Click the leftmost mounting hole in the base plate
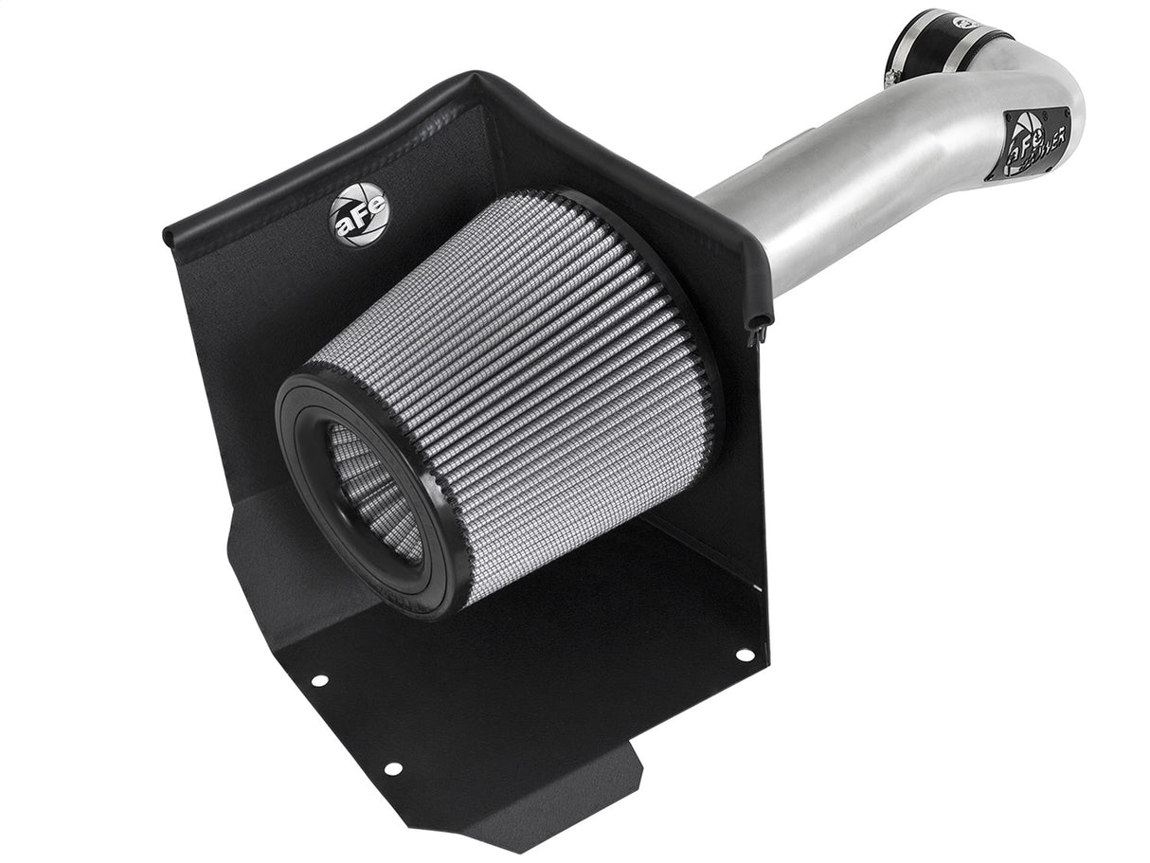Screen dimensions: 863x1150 (x=319, y=680)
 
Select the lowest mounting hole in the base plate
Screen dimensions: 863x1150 (x=392, y=768)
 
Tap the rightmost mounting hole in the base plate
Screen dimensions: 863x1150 (x=743, y=655)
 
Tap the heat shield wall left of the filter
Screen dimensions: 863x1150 (x=237, y=360)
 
